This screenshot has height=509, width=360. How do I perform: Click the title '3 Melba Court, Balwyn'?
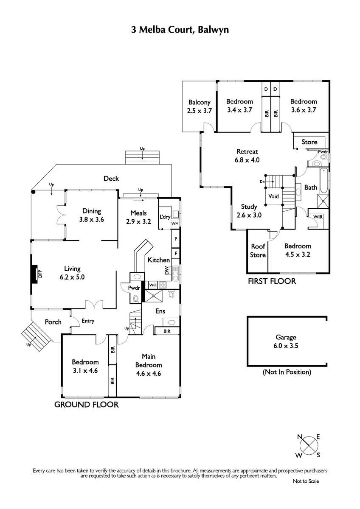[x=180, y=30]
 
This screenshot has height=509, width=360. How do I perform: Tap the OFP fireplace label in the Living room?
[x=40, y=274]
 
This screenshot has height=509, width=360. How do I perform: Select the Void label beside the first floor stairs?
[x=273, y=196]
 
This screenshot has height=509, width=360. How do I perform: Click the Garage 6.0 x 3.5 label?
[x=286, y=341]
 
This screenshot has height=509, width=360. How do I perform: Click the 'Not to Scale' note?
[x=306, y=481]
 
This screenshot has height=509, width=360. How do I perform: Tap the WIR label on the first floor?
[x=318, y=217]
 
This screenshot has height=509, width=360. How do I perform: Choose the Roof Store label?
[x=258, y=250]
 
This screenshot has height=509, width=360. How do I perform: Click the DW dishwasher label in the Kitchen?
[x=167, y=270]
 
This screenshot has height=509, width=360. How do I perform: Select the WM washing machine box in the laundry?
[x=175, y=224]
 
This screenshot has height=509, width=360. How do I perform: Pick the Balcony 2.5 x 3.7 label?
[x=200, y=106]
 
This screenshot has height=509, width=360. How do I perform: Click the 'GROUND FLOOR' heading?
[x=87, y=405]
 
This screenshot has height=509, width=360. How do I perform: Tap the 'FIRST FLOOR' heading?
[x=272, y=281]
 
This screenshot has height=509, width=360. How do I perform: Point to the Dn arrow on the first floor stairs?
[x=270, y=182]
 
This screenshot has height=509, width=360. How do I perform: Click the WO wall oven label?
[x=153, y=285]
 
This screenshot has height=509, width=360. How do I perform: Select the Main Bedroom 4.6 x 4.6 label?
[x=149, y=365]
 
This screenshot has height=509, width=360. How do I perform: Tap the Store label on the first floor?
[x=309, y=142]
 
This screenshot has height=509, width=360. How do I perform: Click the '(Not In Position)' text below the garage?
[x=287, y=372]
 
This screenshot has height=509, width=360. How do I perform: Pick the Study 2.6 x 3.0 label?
[x=249, y=211]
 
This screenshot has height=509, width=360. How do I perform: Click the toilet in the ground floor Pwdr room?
[x=136, y=298]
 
